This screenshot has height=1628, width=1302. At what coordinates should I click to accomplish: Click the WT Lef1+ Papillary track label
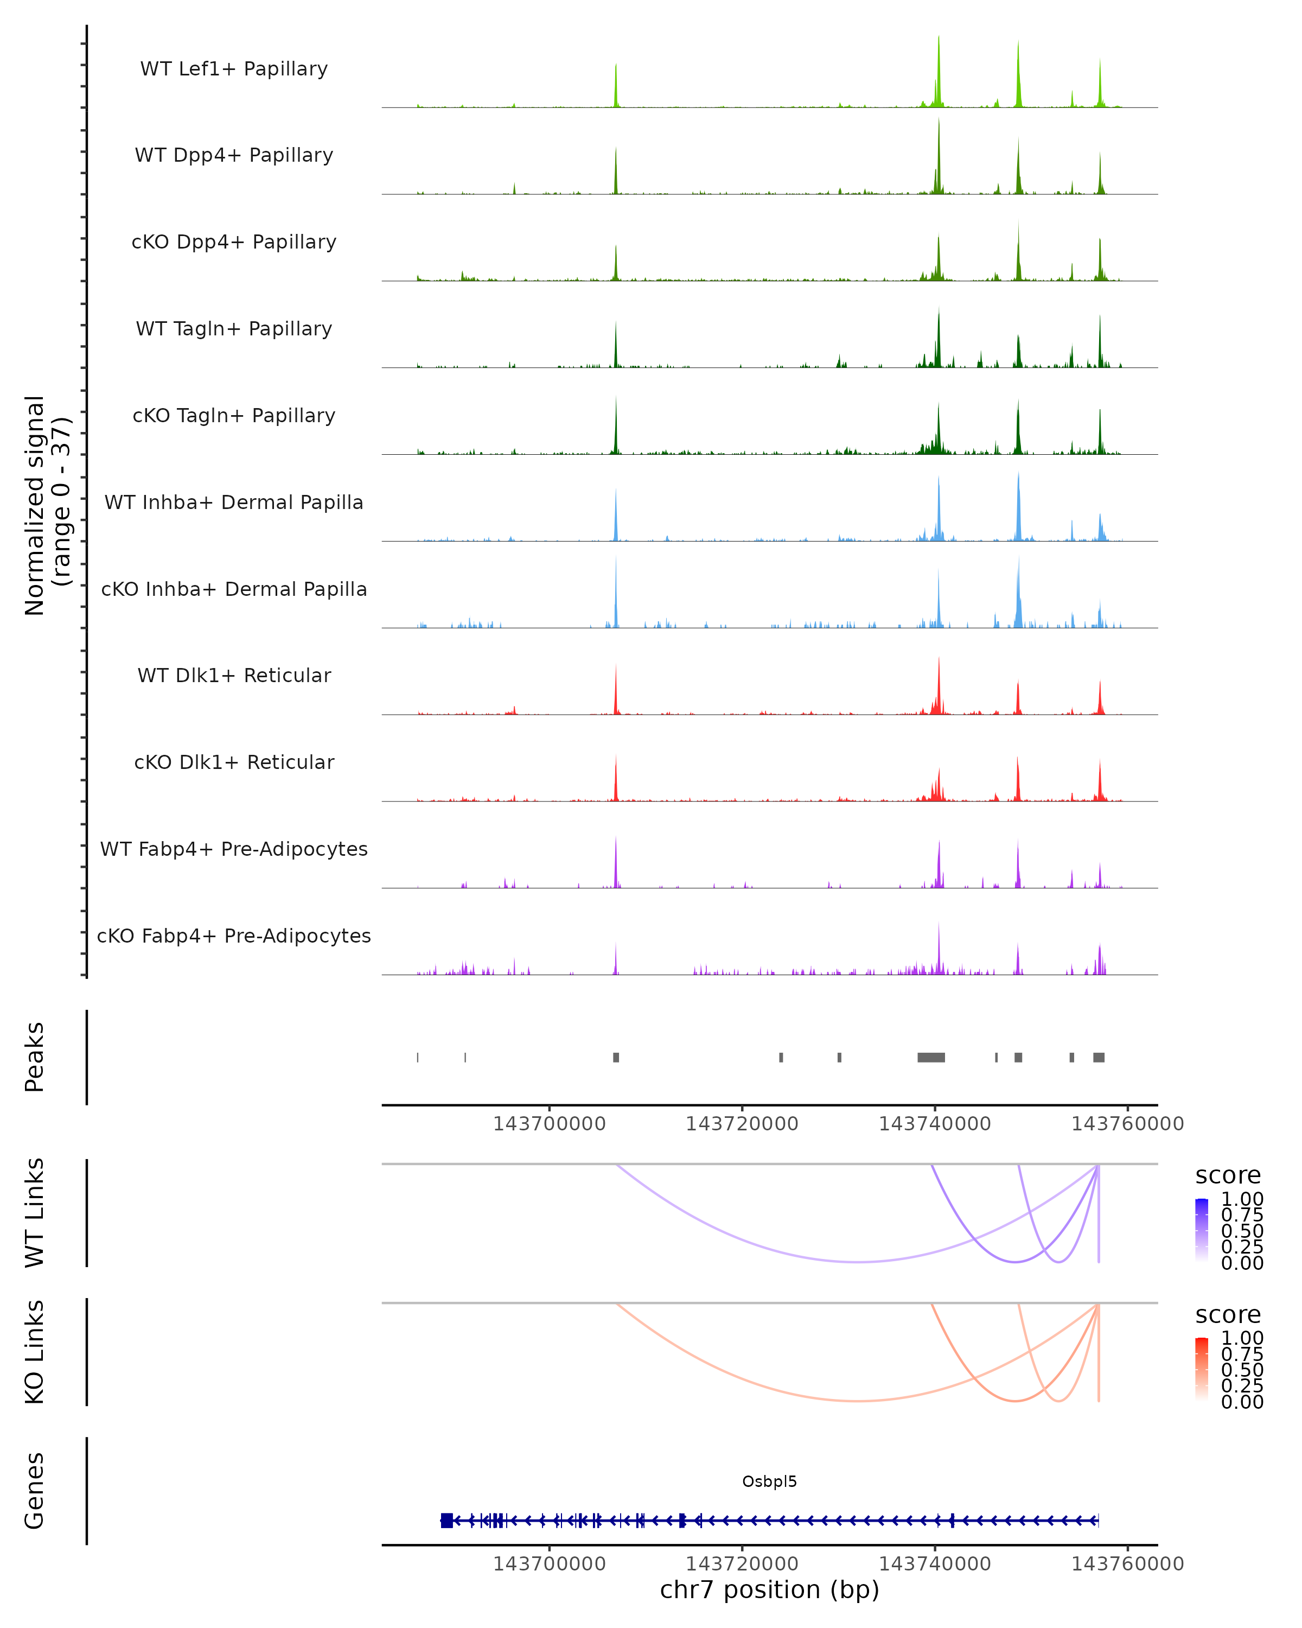coord(234,69)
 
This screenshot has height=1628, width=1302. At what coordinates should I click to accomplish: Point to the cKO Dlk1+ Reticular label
coord(234,762)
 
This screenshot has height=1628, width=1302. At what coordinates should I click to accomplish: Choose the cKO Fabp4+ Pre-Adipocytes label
coord(234,936)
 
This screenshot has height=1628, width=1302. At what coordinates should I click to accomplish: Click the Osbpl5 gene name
coord(769,1481)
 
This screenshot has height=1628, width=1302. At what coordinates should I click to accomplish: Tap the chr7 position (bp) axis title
coord(769,1589)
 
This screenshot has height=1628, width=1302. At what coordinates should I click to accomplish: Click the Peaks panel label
coord(35,1057)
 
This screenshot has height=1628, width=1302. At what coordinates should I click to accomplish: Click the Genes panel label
coord(35,1491)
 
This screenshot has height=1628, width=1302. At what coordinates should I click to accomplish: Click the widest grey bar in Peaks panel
coord(930,1057)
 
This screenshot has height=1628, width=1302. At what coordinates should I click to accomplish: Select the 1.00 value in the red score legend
coord(1242,1338)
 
